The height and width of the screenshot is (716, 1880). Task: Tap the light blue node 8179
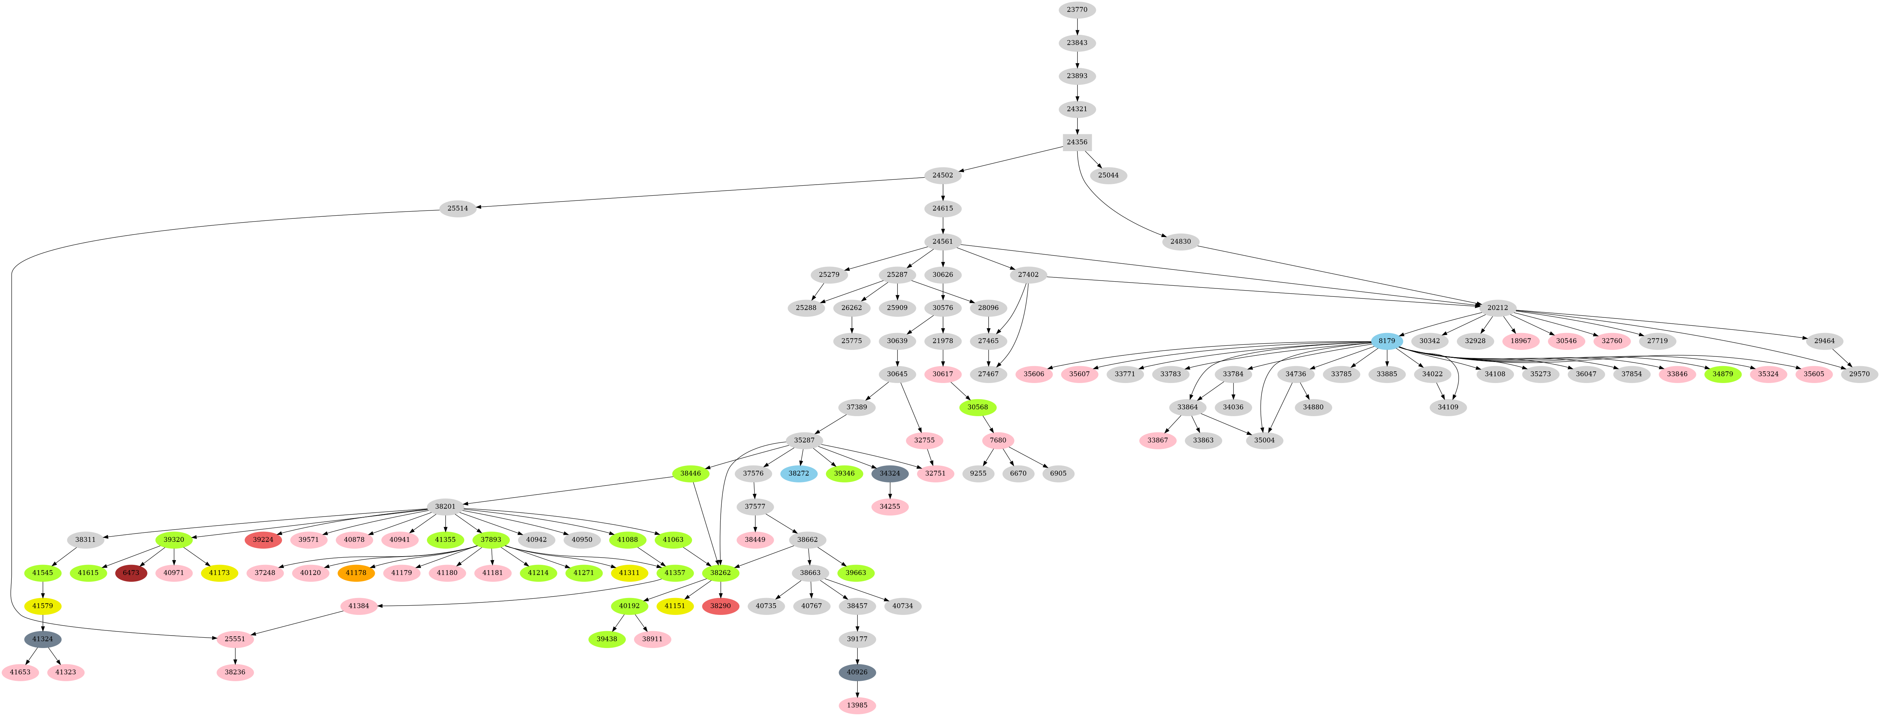(1387, 341)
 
